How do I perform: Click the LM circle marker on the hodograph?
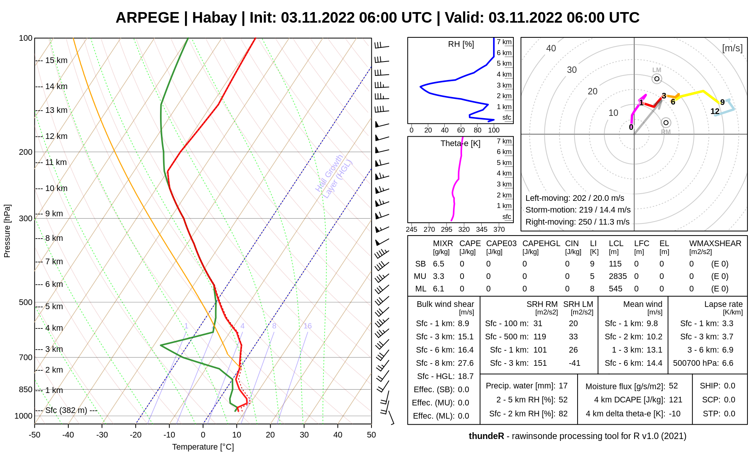(657, 79)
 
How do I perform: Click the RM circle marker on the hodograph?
(666, 123)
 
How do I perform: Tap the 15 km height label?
(56, 60)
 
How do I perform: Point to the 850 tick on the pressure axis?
(26, 390)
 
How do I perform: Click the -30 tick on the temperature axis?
(102, 435)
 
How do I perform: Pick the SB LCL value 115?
(615, 264)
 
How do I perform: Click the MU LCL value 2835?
(618, 276)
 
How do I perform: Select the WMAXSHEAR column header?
(715, 243)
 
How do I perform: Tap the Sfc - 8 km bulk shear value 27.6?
(465, 363)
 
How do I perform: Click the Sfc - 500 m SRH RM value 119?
(539, 337)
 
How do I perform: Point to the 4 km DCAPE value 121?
(676, 400)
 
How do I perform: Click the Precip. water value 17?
(563, 386)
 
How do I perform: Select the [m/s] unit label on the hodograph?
(732, 48)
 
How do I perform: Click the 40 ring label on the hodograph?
(551, 48)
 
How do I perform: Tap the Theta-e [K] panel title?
(460, 143)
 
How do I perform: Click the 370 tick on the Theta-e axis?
(499, 230)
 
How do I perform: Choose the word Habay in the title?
(214, 18)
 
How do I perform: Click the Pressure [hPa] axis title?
(7, 231)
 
